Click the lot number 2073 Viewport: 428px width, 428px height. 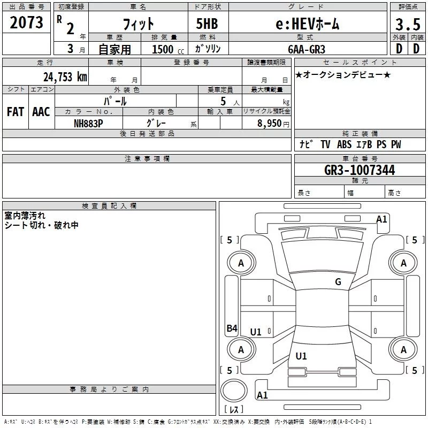pyautogui.click(x=26, y=22)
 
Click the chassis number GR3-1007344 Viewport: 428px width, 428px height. pyautogui.click(x=360, y=171)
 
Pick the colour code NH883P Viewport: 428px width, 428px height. pyautogui.click(x=88, y=123)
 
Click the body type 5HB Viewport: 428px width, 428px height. pyautogui.click(x=207, y=24)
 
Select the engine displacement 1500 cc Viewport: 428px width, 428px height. pyautogui.click(x=163, y=50)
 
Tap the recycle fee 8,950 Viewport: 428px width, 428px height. pyautogui.click(x=266, y=123)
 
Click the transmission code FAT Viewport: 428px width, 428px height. pyautogui.click(x=16, y=112)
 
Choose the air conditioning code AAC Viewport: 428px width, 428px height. pyautogui.click(x=41, y=112)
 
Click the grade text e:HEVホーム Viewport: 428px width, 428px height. pyautogui.click(x=307, y=24)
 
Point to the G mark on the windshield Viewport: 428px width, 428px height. pyautogui.click(x=338, y=282)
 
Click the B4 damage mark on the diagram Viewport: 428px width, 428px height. pyautogui.click(x=231, y=328)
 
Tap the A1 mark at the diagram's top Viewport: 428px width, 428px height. pyautogui.click(x=381, y=219)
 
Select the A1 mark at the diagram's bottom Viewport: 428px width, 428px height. pyautogui.click(x=262, y=395)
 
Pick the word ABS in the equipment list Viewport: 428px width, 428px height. pyautogui.click(x=344, y=144)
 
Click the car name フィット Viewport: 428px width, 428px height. pyautogui.click(x=139, y=24)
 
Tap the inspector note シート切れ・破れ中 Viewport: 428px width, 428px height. pyautogui.click(x=41, y=225)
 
